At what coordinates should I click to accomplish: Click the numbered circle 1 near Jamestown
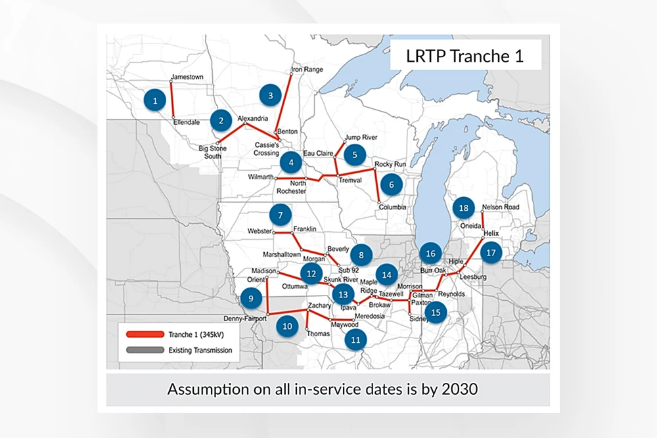click(x=155, y=100)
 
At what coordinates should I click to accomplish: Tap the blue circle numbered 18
click(x=464, y=208)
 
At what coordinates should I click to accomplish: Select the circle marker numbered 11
click(x=355, y=339)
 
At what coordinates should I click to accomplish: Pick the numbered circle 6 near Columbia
click(x=391, y=185)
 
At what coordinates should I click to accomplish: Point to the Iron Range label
click(x=306, y=68)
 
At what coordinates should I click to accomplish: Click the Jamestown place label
click(x=187, y=77)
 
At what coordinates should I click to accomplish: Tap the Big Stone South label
click(x=212, y=152)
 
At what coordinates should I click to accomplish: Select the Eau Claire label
click(x=318, y=153)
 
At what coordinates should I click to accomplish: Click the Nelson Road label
click(x=500, y=208)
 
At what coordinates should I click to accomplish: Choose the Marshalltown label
click(x=282, y=254)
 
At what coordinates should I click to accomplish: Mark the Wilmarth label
click(x=261, y=177)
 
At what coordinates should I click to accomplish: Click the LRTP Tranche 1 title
click(x=465, y=56)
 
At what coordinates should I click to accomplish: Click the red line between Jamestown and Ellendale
click(x=171, y=99)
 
